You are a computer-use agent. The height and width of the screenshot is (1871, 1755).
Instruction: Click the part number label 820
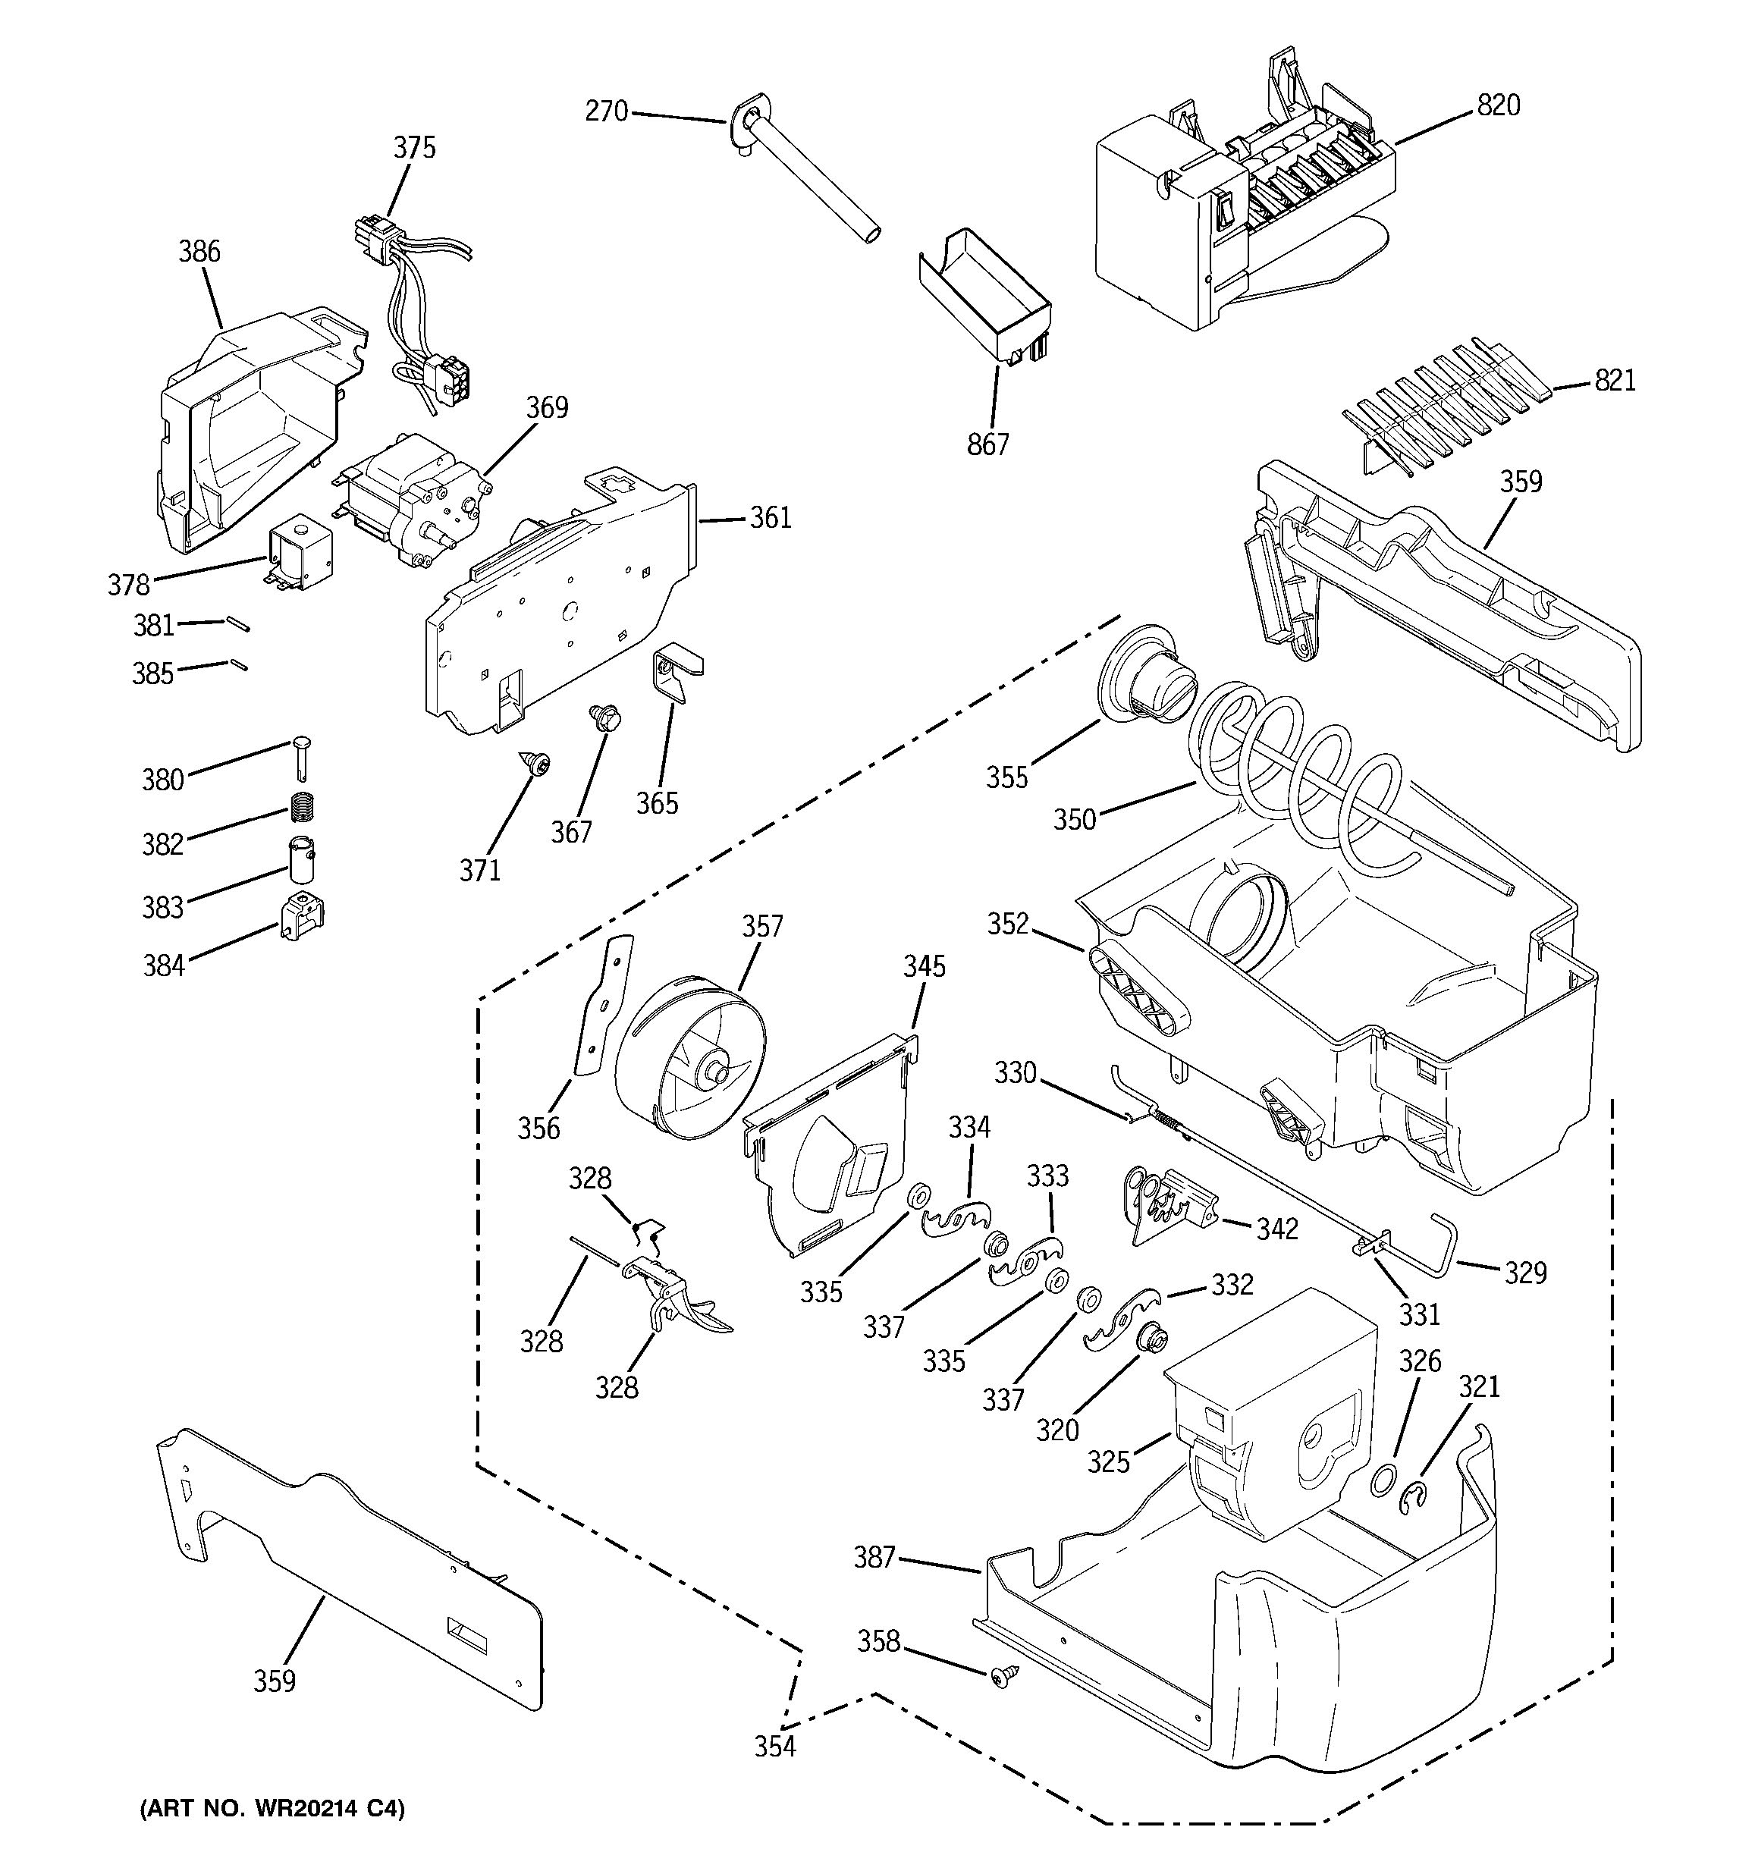pyautogui.click(x=1498, y=105)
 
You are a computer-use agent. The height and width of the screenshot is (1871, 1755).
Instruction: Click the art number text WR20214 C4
pyautogui.click(x=272, y=1809)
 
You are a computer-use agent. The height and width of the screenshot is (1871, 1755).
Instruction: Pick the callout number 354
pyautogui.click(x=774, y=1747)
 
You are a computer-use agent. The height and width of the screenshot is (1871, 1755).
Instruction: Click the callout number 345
pyautogui.click(x=924, y=966)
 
